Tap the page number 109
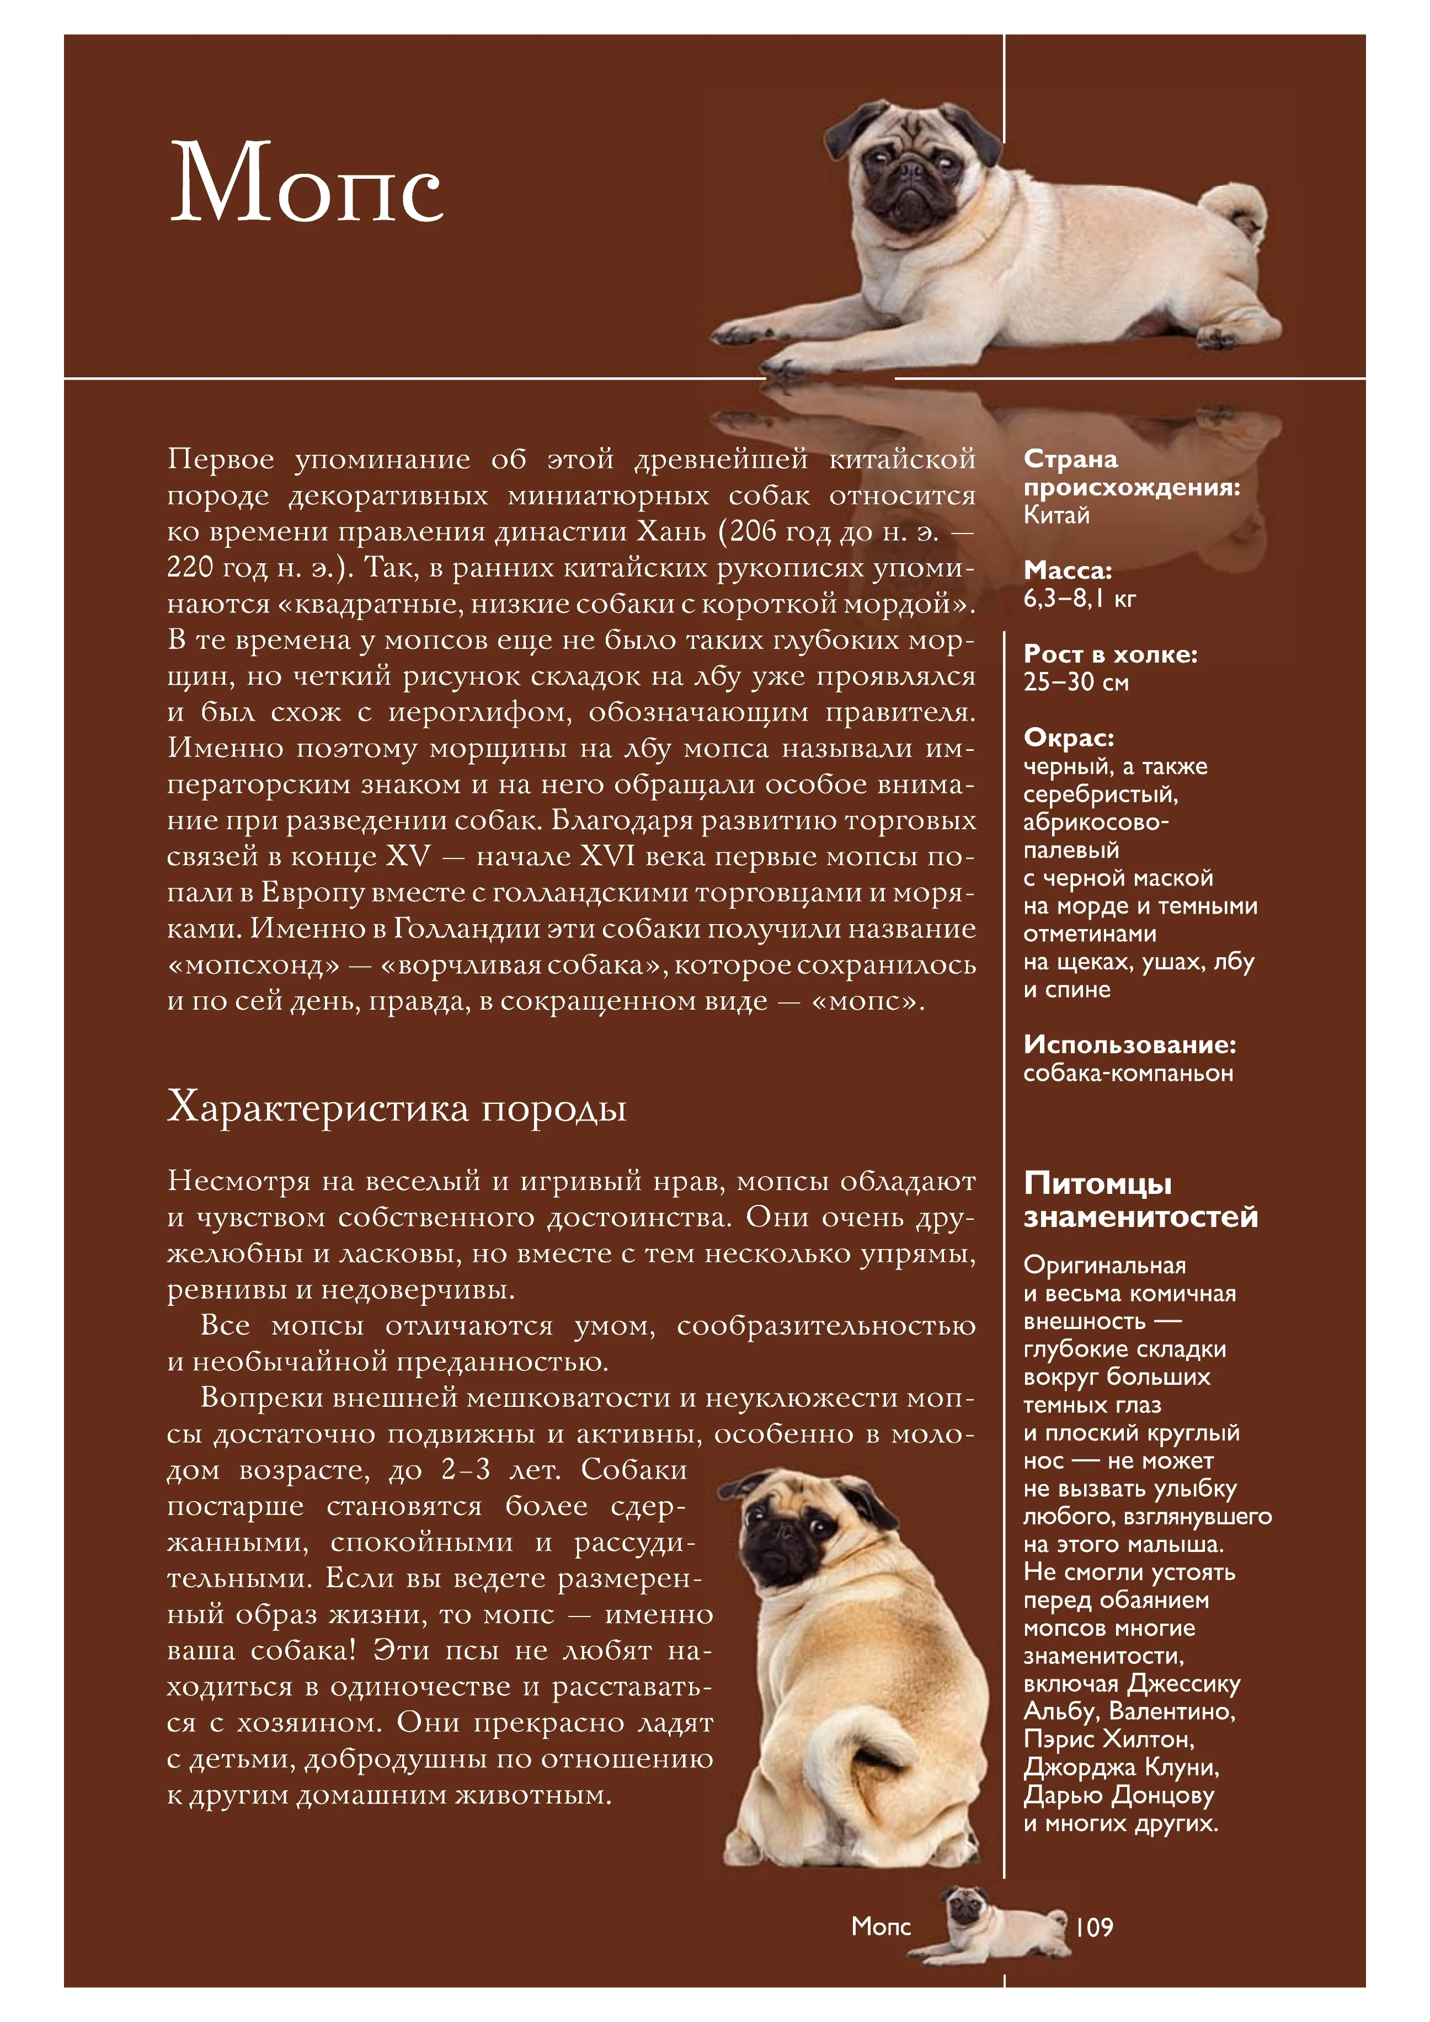pos(1093,1927)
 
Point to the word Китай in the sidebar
pos(1056,515)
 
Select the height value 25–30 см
pos(1075,682)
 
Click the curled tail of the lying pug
pos(1237,211)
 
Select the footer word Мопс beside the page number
pos(881,1927)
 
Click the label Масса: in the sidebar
pos(1067,570)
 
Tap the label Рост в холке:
pos(1109,654)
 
